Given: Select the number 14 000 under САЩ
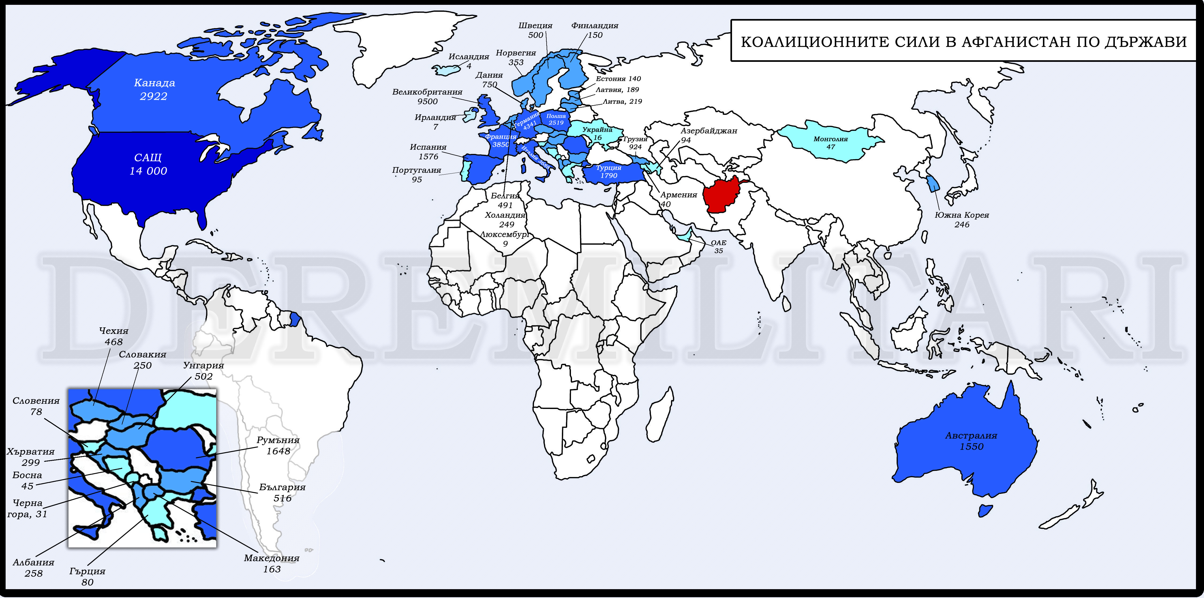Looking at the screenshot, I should click(x=148, y=171).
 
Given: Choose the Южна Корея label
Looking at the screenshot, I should click(x=962, y=215).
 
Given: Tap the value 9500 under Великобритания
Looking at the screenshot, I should click(x=427, y=101).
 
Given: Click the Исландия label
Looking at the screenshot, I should click(x=469, y=56).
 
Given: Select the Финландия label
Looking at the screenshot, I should click(x=595, y=26).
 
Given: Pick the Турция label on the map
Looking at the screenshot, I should click(x=608, y=167).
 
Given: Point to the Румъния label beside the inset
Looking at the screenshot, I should click(x=278, y=440).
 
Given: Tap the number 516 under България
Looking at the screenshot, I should click(x=282, y=498).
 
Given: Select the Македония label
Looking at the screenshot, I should click(x=272, y=558).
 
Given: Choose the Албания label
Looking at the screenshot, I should click(x=34, y=562).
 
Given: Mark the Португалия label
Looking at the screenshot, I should click(x=416, y=170).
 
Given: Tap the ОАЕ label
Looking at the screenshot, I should click(x=718, y=243).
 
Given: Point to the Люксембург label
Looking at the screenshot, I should click(x=505, y=234).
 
